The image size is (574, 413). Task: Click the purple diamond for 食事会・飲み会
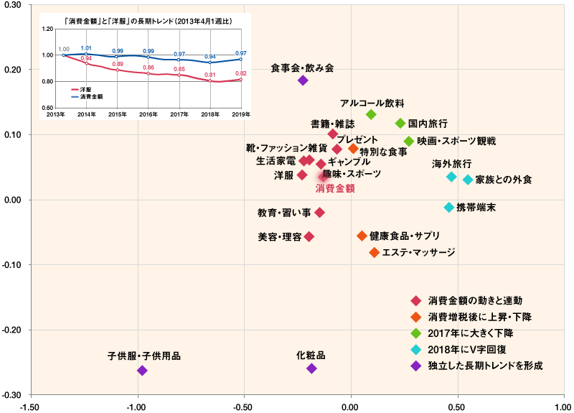click(303, 80)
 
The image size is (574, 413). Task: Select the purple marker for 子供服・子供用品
click(142, 371)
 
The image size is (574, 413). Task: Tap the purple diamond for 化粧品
click(311, 368)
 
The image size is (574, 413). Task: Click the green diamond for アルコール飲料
click(371, 115)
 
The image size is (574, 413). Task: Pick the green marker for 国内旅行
click(400, 124)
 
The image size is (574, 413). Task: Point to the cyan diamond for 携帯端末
click(449, 208)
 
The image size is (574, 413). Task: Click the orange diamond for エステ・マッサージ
click(375, 253)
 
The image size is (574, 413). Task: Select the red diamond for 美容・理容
click(309, 236)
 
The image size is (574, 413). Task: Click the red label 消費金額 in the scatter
click(336, 189)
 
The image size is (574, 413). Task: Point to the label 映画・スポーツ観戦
click(456, 141)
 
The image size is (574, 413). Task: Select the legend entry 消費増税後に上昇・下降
click(480, 317)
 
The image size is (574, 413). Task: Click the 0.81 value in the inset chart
click(210, 75)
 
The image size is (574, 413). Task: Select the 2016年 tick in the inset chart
click(148, 114)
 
